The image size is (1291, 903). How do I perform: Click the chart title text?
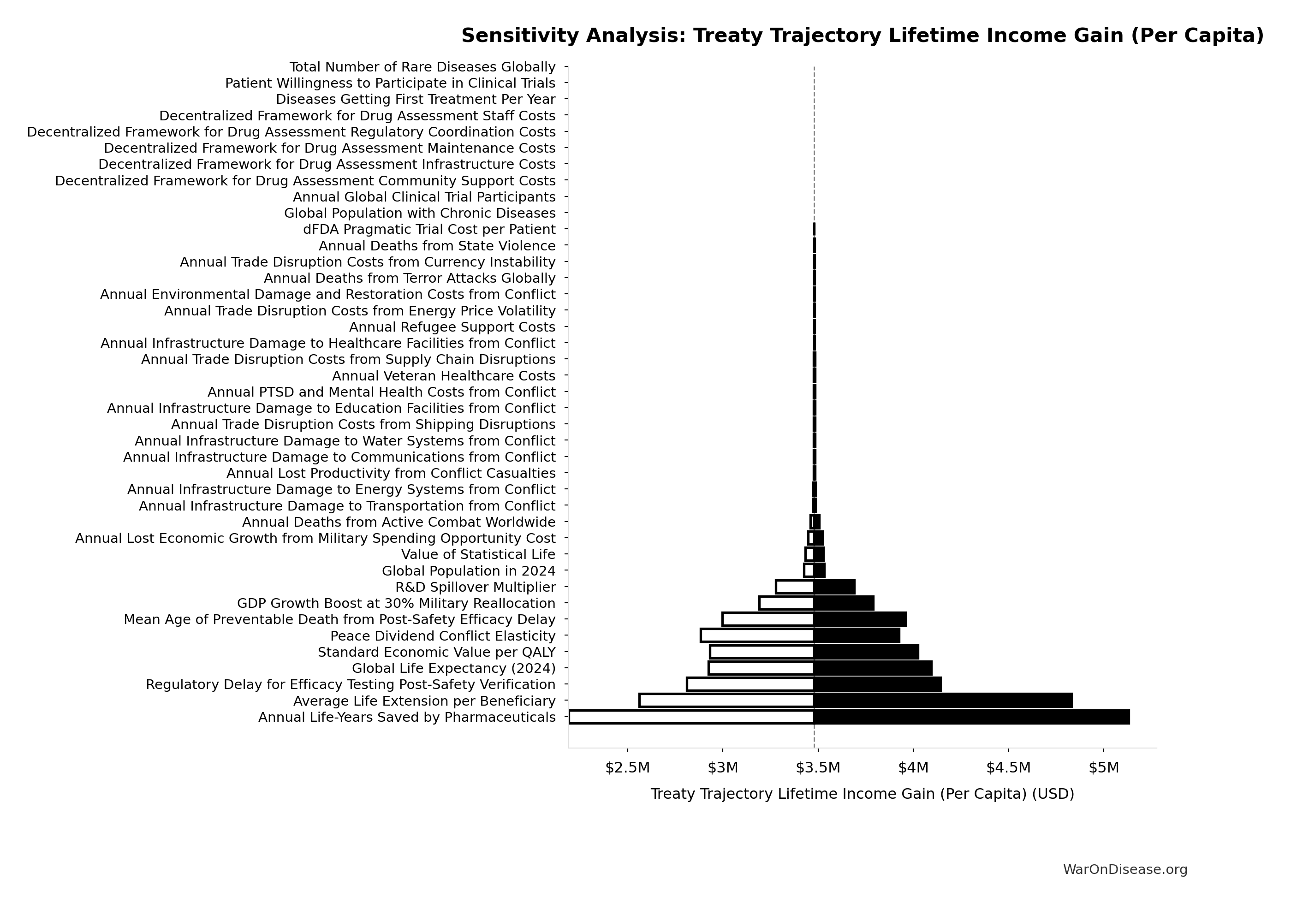click(x=862, y=36)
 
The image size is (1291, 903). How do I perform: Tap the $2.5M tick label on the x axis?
click(x=627, y=767)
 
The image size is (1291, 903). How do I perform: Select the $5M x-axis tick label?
click(x=1104, y=767)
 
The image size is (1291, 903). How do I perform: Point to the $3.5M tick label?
click(x=818, y=767)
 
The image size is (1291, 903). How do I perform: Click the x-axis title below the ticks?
click(x=862, y=794)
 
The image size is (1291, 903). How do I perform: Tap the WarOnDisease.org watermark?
click(x=1124, y=870)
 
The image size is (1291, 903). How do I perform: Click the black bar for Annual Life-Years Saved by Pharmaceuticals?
click(x=971, y=717)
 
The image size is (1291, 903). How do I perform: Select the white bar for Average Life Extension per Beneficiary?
click(x=726, y=701)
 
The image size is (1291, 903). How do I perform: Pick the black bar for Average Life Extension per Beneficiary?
click(x=943, y=701)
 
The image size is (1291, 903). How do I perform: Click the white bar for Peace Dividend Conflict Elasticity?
click(x=757, y=636)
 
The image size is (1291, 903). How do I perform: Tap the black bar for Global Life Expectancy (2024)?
click(x=873, y=668)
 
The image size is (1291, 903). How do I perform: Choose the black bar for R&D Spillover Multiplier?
click(x=834, y=587)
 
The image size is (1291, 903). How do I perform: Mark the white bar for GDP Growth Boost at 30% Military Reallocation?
click(x=786, y=603)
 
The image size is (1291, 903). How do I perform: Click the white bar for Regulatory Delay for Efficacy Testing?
click(x=750, y=684)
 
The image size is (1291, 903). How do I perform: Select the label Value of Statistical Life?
click(x=478, y=555)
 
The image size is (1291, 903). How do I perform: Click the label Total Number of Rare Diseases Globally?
click(x=422, y=67)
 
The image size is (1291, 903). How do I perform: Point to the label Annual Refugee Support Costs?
click(x=452, y=327)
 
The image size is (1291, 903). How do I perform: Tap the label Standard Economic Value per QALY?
click(x=436, y=652)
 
